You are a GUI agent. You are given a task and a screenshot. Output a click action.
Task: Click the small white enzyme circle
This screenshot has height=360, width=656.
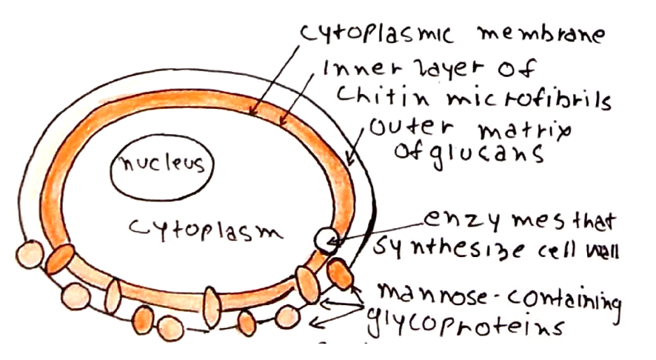point(327,239)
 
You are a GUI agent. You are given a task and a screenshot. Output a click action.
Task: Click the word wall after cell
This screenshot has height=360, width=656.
point(599,252)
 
